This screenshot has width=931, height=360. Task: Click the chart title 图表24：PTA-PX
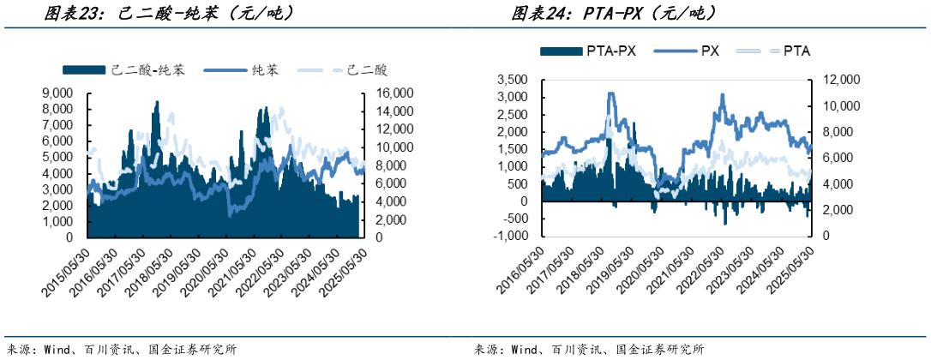coord(613,13)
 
